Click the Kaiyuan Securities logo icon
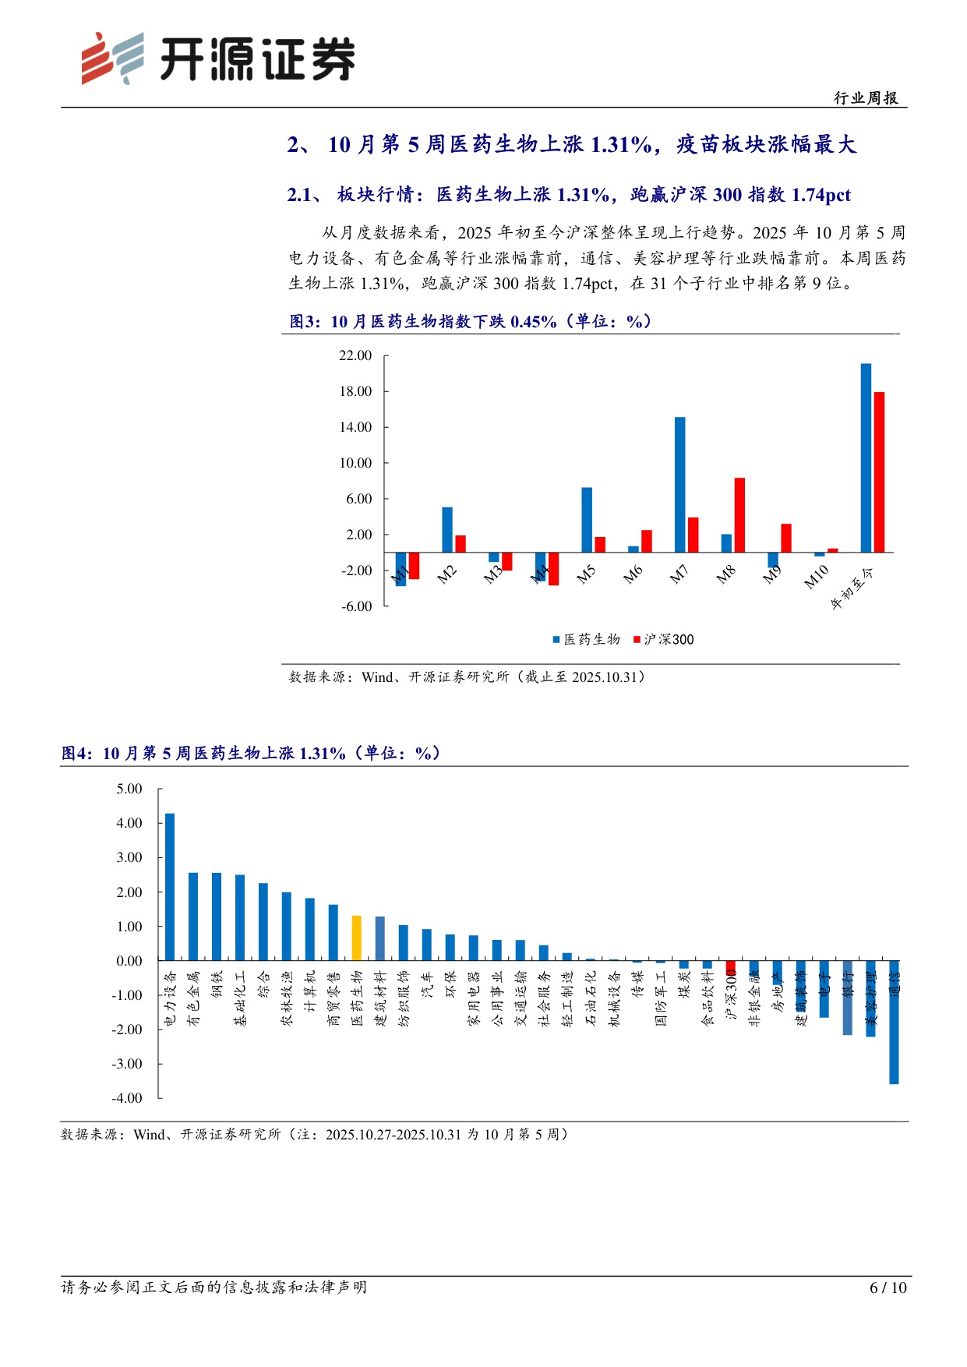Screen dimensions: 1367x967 [112, 58]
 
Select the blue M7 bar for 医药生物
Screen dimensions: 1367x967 [680, 484]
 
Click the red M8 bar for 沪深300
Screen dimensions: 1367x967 [739, 514]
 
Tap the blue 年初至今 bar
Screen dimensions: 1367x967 [866, 457]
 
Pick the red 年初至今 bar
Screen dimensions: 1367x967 [879, 472]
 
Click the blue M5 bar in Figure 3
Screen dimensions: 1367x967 [587, 519]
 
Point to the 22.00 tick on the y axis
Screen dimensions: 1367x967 [355, 355]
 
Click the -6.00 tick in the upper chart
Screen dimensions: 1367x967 [356, 606]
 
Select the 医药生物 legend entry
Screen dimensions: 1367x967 [586, 639]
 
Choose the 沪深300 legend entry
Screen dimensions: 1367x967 [663, 639]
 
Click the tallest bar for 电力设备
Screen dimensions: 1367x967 [170, 886]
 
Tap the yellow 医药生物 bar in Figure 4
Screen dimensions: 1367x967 [357, 938]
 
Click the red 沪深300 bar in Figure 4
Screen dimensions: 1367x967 [731, 967]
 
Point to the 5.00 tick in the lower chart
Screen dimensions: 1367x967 [129, 789]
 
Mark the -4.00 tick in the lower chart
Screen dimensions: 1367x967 [127, 1098]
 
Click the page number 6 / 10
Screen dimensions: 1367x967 [888, 1288]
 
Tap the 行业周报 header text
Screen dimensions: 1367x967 [866, 97]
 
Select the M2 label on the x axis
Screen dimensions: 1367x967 [446, 575]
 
